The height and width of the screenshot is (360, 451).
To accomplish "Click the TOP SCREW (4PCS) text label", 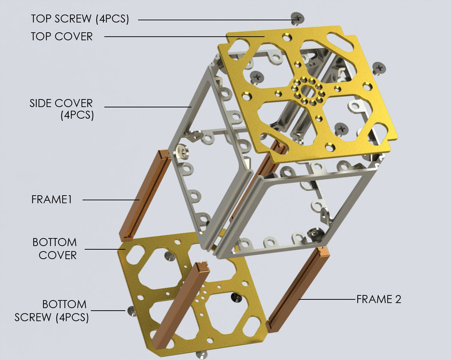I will (79, 19).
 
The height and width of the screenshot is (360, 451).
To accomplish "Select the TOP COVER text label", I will (61, 37).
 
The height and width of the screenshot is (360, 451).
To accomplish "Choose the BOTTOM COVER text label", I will (54, 249).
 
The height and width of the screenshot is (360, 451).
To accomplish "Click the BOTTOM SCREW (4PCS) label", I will (51, 310).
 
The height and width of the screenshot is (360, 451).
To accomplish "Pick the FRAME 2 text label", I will (379, 299).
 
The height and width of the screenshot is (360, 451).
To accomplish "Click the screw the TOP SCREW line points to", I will (298, 19).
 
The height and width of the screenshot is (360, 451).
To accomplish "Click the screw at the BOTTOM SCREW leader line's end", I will (131, 310).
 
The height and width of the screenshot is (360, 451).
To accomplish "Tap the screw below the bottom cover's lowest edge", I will (201, 354).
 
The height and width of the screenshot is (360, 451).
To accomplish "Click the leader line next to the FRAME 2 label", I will (329, 299).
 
